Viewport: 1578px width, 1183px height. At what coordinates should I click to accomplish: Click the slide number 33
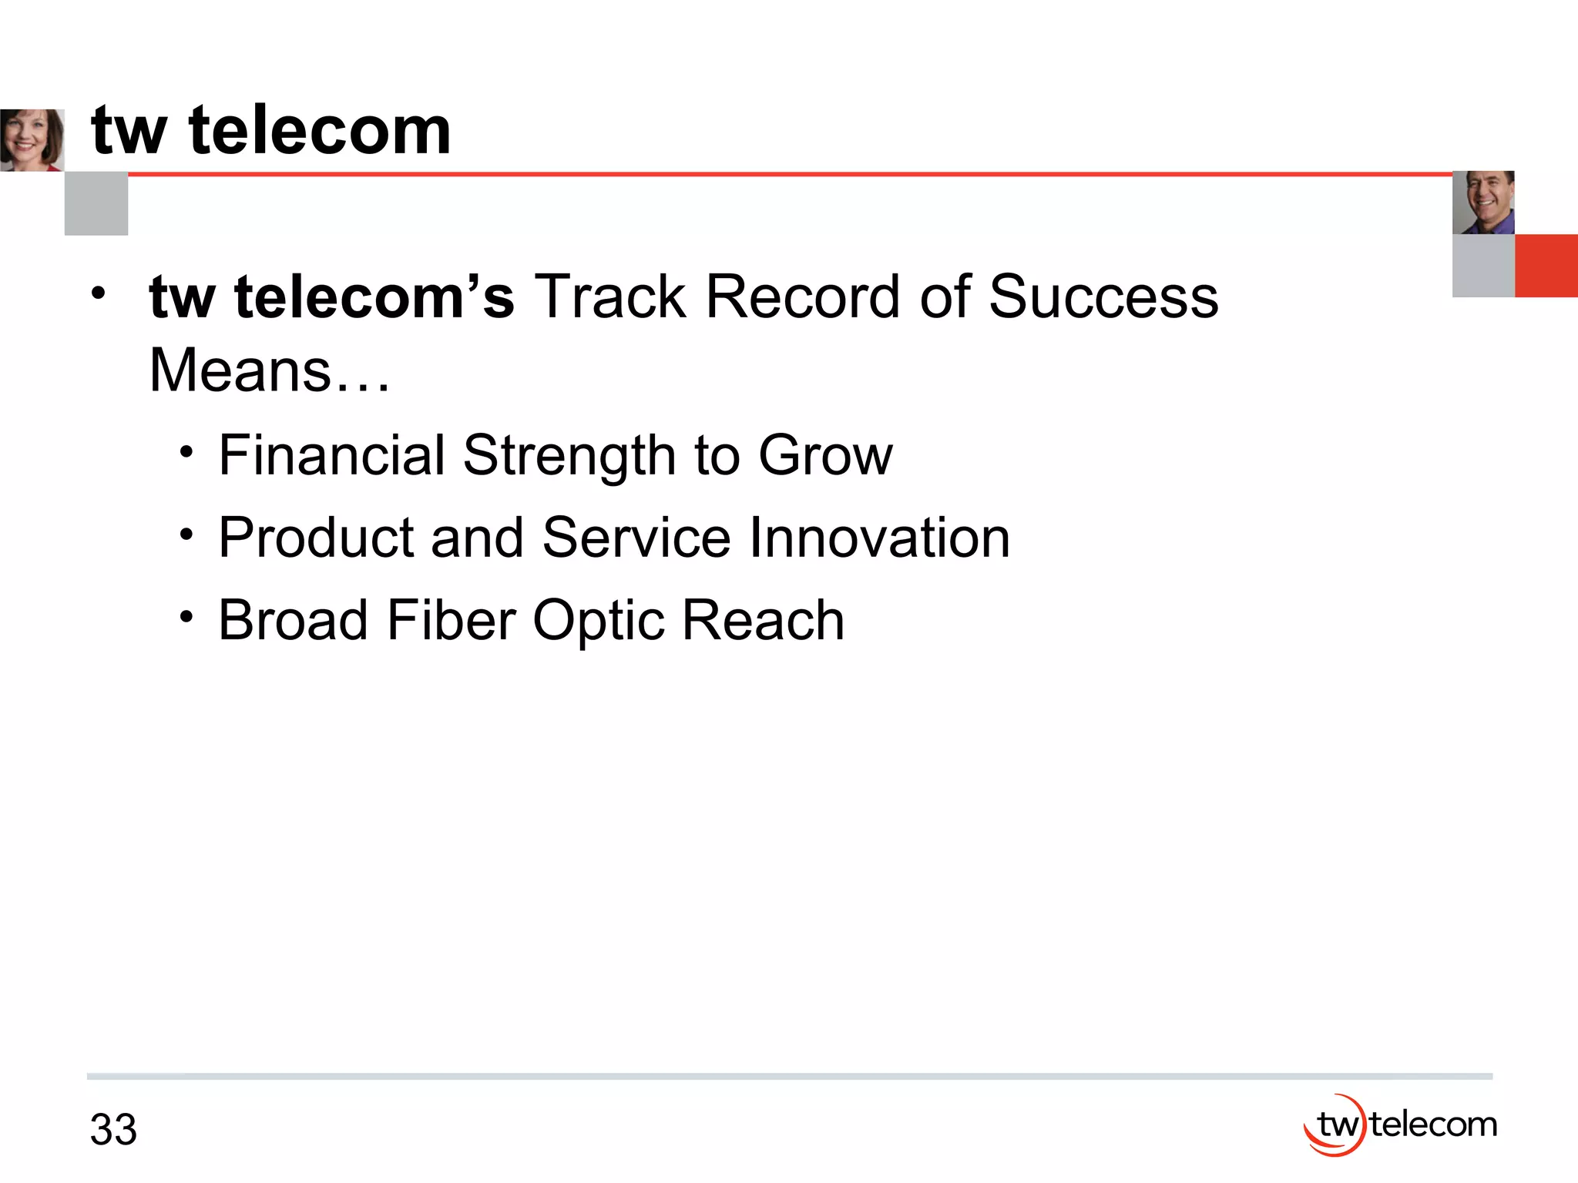113,1130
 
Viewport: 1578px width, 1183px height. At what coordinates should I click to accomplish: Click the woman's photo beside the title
32,140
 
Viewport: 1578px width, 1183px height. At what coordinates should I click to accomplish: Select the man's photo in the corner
1483,203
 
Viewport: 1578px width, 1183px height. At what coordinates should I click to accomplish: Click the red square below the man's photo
1546,266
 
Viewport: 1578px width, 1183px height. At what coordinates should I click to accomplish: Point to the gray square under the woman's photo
96,204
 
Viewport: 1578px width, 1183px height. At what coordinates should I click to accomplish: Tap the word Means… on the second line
270,370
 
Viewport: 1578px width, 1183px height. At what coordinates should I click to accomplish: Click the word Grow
825,456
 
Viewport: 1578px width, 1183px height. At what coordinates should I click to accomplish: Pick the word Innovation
879,537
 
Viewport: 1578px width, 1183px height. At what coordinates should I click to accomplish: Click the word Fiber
451,619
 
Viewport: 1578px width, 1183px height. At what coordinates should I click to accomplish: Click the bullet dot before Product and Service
186,534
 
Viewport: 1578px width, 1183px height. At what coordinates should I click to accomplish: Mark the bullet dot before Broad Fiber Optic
186,616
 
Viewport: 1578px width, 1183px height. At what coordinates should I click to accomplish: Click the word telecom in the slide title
320,130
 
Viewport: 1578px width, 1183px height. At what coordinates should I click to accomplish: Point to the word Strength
569,456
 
